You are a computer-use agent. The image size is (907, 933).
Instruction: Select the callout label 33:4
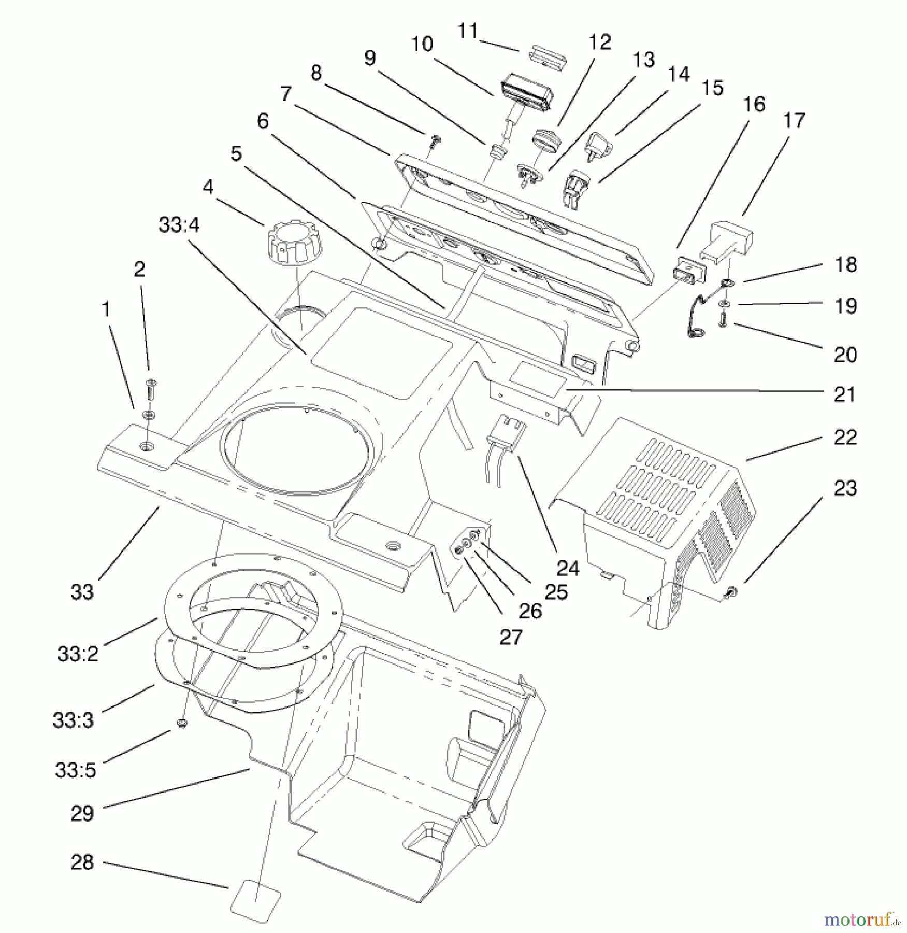coord(179,225)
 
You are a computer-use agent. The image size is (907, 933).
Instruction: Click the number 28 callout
coord(82,862)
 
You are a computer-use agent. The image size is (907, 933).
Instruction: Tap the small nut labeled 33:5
coord(182,723)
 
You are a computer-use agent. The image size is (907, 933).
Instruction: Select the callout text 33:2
coord(78,654)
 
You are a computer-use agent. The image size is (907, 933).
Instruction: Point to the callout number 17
coord(794,120)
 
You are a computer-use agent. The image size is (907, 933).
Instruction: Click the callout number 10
coord(422,44)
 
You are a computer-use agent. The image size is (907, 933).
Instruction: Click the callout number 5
coord(236,153)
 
